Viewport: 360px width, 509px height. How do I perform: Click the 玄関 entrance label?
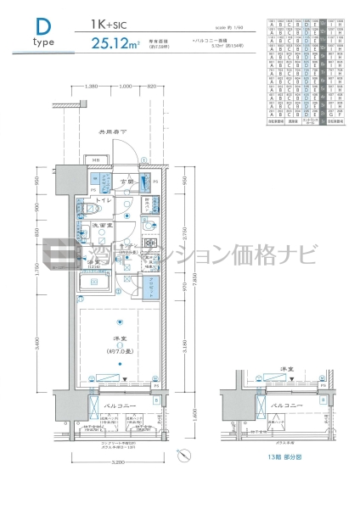(x=128, y=182)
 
